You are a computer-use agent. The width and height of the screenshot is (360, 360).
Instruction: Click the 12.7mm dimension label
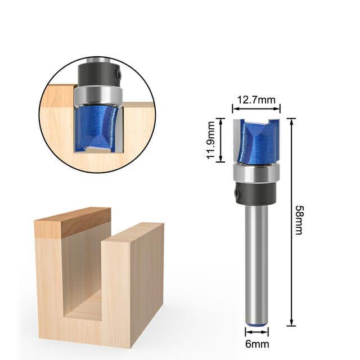click(x=256, y=100)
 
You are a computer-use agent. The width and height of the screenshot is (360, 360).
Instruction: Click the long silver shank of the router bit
click(x=256, y=259)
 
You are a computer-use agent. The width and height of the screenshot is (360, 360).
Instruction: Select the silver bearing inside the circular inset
click(x=97, y=95)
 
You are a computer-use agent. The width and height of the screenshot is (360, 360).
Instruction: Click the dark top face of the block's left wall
click(x=72, y=222)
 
